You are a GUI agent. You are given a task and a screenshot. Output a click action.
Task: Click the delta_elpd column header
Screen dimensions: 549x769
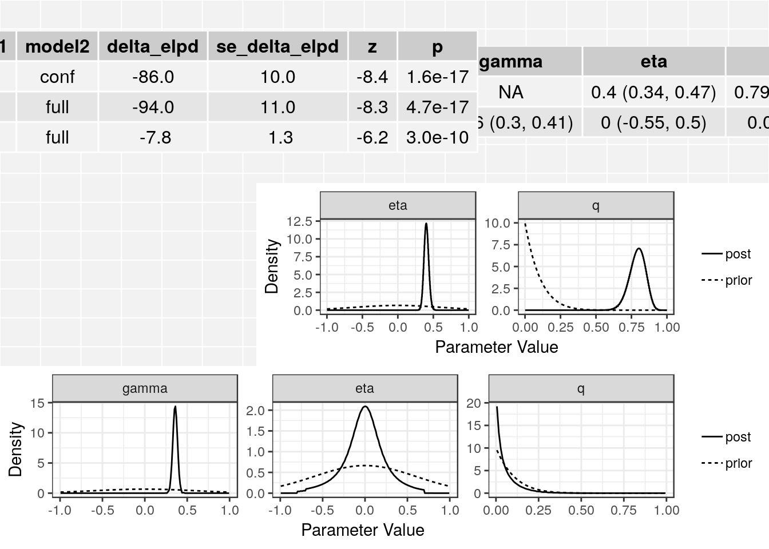click(x=153, y=46)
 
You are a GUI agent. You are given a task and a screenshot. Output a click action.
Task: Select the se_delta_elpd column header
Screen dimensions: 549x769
click(x=278, y=46)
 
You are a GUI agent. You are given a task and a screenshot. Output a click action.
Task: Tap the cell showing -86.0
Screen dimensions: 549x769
click(x=153, y=77)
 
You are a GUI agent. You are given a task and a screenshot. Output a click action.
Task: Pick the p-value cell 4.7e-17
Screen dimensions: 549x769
click(x=437, y=107)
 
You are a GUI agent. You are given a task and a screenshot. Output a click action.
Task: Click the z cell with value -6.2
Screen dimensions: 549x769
click(x=372, y=137)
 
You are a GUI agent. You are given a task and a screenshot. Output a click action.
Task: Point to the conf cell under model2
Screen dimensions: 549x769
click(x=57, y=77)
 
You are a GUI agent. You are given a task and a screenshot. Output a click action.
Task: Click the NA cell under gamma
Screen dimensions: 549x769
click(x=510, y=92)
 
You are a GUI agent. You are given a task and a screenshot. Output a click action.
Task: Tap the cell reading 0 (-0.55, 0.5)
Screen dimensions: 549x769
click(x=653, y=122)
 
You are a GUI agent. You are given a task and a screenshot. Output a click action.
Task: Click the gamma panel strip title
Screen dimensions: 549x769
click(x=145, y=389)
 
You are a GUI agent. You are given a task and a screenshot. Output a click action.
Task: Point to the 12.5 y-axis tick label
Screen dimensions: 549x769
click(x=299, y=221)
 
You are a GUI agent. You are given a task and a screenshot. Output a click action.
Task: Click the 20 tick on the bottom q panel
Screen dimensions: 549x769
click(x=474, y=403)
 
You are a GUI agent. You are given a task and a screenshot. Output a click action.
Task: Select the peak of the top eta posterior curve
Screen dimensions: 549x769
click(x=426, y=224)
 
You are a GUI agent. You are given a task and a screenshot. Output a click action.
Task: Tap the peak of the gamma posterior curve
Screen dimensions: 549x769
click(x=175, y=407)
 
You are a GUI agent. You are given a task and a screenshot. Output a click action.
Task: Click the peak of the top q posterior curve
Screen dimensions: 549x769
click(x=639, y=249)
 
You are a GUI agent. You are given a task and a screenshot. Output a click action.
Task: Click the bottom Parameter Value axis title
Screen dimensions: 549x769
click(x=363, y=530)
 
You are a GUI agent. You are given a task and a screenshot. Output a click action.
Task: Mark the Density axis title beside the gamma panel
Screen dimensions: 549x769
click(x=15, y=449)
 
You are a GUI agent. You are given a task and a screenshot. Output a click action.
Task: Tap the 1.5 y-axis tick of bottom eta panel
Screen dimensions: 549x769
click(x=255, y=431)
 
